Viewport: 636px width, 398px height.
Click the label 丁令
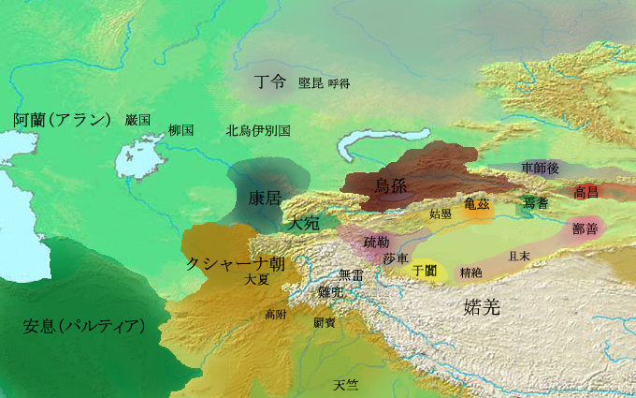[270, 81]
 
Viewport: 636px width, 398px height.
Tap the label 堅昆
[311, 83]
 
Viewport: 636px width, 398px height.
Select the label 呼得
[339, 83]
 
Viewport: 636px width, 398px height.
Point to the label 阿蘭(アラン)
[63, 120]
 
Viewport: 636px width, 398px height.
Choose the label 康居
[264, 199]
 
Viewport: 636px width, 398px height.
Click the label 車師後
[540, 168]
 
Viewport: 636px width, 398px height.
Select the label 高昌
[586, 192]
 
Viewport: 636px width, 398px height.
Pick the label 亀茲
[476, 203]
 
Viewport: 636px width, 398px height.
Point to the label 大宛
[304, 224]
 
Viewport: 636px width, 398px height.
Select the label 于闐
[425, 270]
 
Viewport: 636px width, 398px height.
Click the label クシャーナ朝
[236, 263]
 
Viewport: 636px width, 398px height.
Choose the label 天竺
[346, 385]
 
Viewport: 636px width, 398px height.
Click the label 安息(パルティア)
[84, 327]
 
